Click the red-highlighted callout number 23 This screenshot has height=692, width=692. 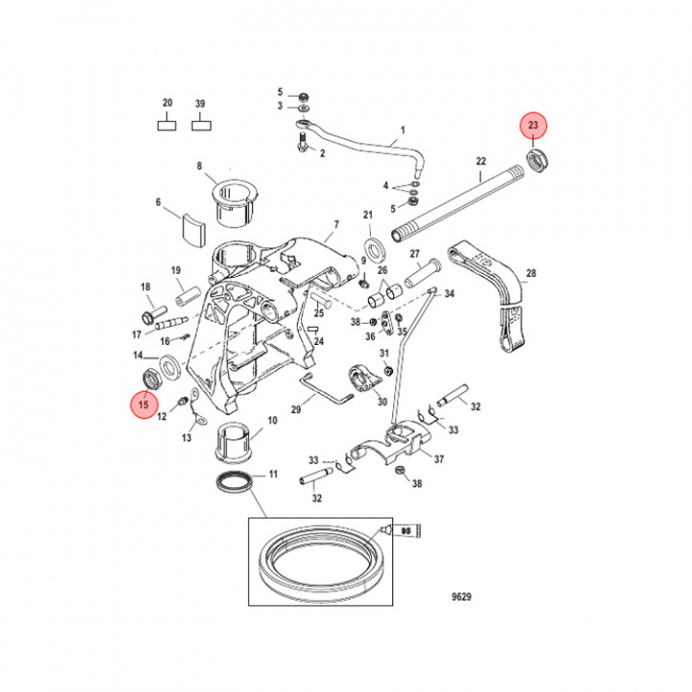[533, 125]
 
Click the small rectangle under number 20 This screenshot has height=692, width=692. [167, 123]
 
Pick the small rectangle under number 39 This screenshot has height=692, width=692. [200, 123]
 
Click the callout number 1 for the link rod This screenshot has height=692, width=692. [403, 129]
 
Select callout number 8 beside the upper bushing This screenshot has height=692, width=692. [200, 166]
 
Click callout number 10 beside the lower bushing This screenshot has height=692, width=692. [272, 421]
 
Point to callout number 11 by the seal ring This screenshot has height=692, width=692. [273, 474]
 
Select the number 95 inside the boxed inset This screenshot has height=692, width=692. [406, 531]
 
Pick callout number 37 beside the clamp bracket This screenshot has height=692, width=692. [439, 458]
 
